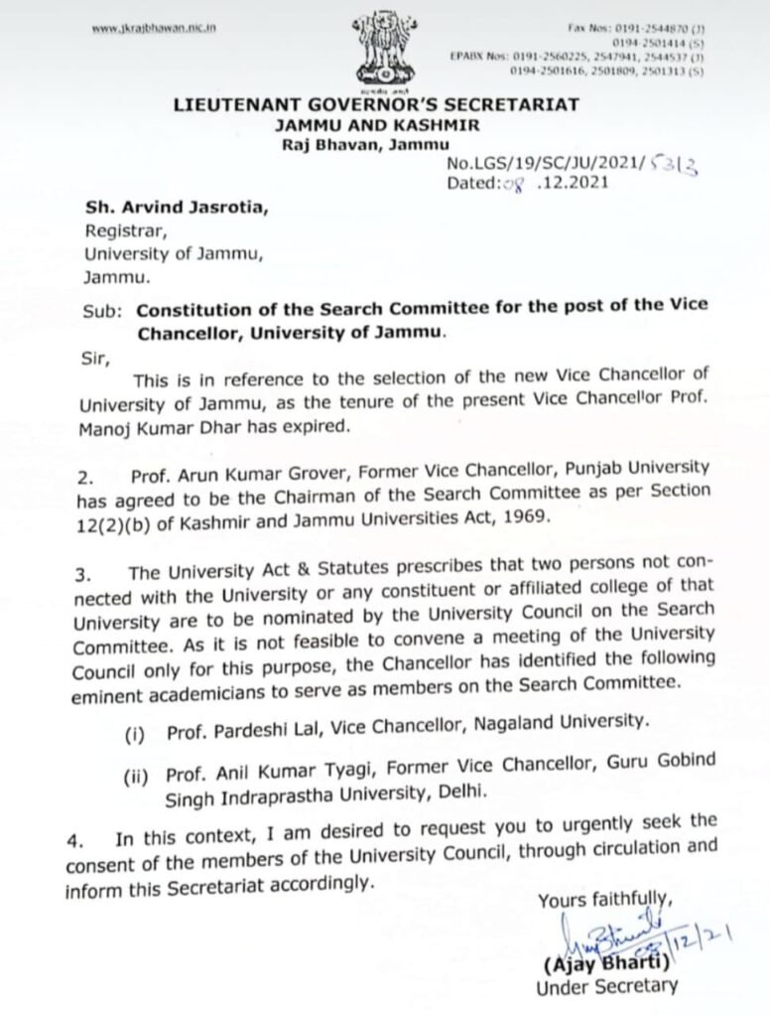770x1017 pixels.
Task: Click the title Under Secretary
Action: pos(606,987)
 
